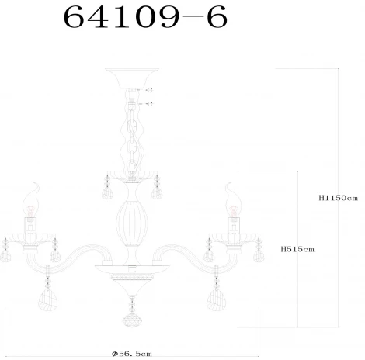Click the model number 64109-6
tap(145, 17)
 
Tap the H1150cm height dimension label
tap(338, 198)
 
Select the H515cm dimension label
tap(297, 249)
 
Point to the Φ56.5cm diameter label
tap(132, 353)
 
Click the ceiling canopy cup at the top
tap(132, 78)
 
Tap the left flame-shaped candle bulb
tap(32, 200)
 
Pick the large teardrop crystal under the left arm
tap(48, 299)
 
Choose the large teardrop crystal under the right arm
tap(217, 299)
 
